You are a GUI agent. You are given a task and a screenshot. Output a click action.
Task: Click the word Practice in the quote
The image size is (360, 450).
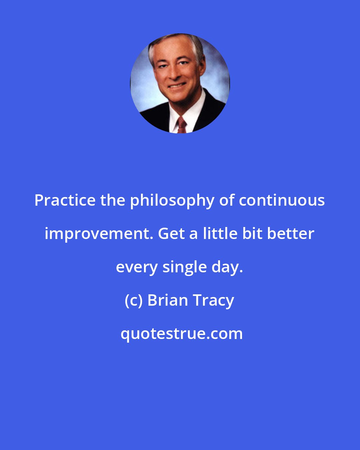click(65, 200)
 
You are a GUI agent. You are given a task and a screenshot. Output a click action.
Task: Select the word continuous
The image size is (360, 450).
click(282, 200)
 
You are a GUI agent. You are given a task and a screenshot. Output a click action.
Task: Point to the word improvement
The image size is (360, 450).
click(99, 234)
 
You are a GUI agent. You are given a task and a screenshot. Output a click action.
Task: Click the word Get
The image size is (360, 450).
click(171, 234)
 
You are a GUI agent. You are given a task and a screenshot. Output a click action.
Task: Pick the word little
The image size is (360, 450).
click(220, 234)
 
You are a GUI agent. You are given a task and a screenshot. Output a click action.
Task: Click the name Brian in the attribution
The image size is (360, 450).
click(168, 300)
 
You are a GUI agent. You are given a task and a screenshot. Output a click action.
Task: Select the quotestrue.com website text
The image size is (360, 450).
click(182, 334)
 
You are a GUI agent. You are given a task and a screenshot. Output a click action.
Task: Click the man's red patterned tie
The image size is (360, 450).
click(182, 125)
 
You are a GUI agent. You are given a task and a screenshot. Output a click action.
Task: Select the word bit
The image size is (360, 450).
click(252, 234)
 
